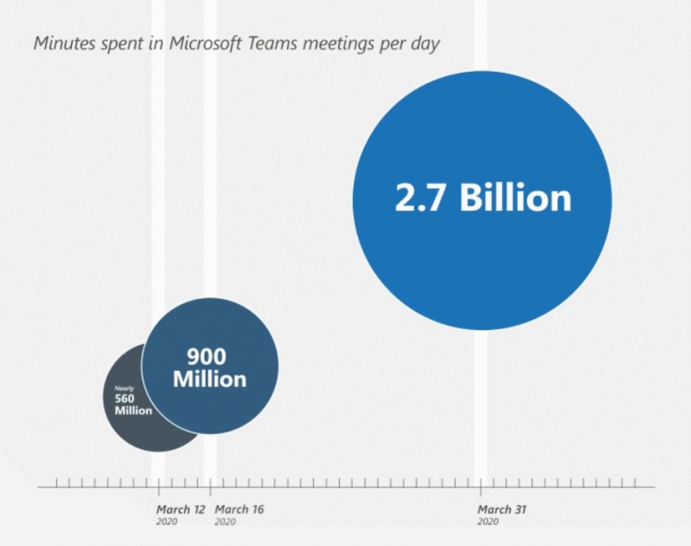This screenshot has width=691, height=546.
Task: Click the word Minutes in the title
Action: click(63, 43)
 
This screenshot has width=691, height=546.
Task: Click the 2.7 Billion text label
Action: click(483, 198)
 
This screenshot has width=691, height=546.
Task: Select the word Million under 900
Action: click(209, 379)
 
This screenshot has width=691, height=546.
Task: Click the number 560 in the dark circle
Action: click(126, 399)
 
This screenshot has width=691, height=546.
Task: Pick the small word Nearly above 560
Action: click(123, 388)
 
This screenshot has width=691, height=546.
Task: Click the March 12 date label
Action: click(181, 510)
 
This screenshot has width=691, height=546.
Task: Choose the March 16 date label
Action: click(238, 510)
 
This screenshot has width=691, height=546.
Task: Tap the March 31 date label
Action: click(501, 510)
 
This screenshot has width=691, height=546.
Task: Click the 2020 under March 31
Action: click(487, 522)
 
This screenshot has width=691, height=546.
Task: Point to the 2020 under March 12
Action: click(166, 522)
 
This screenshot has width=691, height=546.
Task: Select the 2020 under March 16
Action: click(225, 522)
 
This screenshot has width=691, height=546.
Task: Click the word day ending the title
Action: click(426, 43)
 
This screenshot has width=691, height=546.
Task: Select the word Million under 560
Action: click(134, 410)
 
